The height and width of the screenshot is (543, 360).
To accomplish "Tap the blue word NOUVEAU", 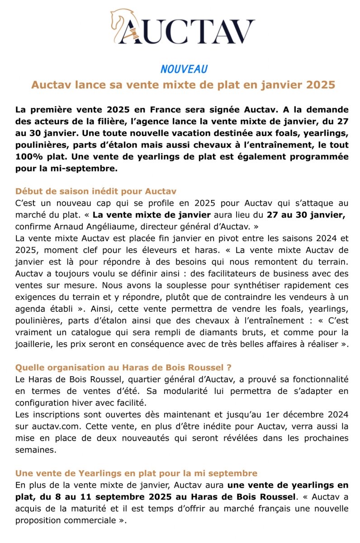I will [184, 69].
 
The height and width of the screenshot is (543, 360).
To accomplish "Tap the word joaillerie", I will [35, 345].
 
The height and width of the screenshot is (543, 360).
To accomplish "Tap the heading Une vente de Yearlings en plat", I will [136, 473].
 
